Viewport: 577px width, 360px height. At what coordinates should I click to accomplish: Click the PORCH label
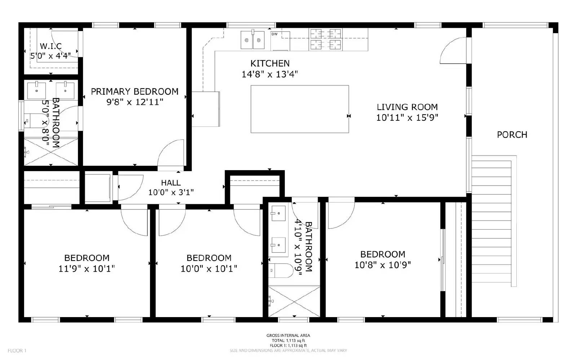512,134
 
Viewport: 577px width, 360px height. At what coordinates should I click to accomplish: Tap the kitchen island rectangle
299,109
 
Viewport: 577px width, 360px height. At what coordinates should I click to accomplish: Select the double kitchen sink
252,40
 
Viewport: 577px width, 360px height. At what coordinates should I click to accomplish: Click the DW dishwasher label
274,34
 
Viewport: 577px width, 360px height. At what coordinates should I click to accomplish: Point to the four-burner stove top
326,39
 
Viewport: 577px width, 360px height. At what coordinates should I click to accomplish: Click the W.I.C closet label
50,46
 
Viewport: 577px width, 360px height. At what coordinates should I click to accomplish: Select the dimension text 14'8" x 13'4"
269,74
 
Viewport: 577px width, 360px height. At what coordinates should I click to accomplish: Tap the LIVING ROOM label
407,107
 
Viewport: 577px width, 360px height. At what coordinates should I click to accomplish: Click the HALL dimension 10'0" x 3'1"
171,192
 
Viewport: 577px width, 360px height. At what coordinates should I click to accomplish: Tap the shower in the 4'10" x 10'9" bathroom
294,301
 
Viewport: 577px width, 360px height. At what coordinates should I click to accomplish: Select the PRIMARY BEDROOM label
135,92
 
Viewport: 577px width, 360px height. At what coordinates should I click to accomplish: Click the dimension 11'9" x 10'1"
87,268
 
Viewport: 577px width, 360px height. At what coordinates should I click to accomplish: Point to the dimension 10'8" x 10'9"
382,265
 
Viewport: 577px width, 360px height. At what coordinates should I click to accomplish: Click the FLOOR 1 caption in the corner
17,350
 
